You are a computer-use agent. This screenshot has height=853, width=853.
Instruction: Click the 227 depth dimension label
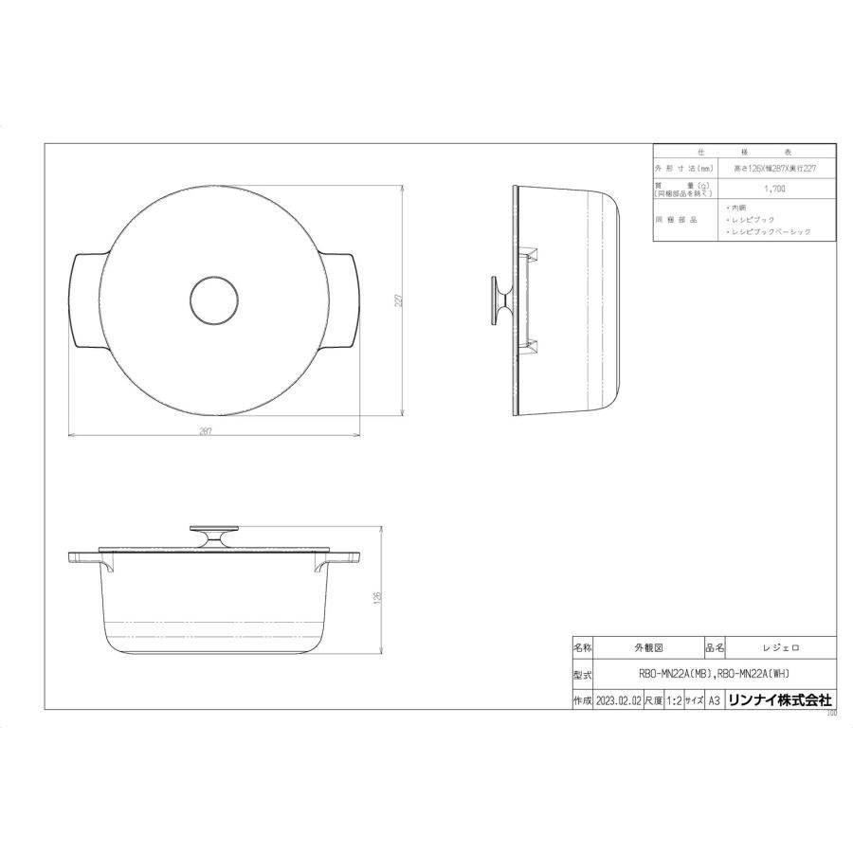pyautogui.click(x=401, y=299)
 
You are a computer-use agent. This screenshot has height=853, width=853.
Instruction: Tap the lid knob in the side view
pyautogui.click(x=499, y=300)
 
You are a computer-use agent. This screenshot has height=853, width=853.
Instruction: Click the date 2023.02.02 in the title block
pyautogui.click(x=618, y=700)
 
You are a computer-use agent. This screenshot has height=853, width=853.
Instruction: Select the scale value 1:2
pyautogui.click(x=673, y=700)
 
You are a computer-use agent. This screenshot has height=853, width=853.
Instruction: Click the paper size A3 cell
pyautogui.click(x=714, y=700)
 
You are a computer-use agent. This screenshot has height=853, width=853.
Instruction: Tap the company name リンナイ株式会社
pyautogui.click(x=780, y=700)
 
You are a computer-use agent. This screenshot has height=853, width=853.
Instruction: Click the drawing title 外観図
pyautogui.click(x=647, y=647)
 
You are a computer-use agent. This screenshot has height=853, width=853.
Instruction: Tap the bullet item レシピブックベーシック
pyautogui.click(x=769, y=231)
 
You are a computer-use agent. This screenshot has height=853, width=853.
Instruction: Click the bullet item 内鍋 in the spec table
pyautogui.click(x=735, y=207)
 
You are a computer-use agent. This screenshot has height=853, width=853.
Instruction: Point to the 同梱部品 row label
pyautogui.click(x=683, y=219)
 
